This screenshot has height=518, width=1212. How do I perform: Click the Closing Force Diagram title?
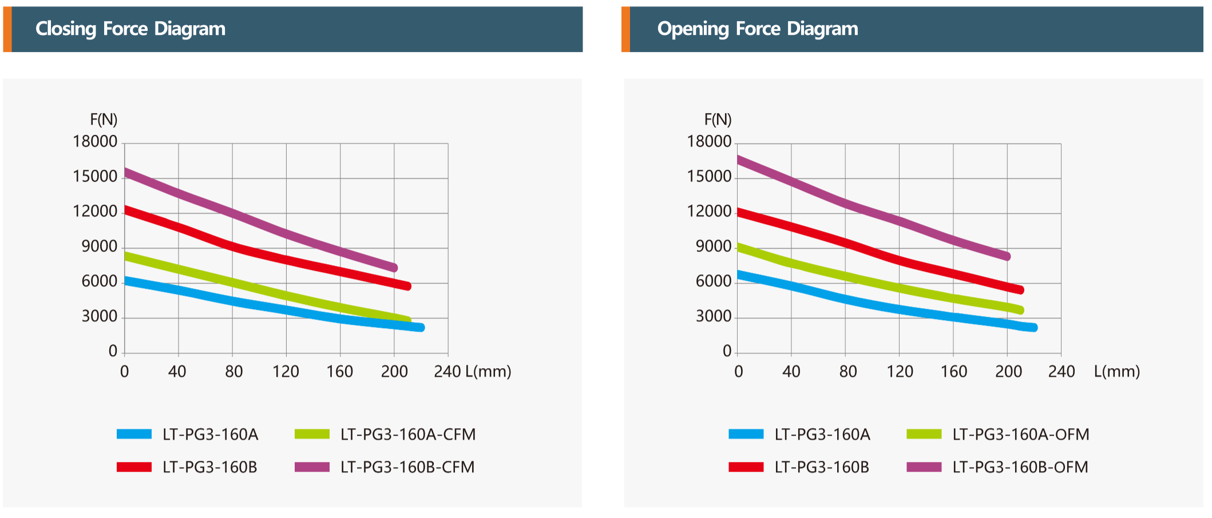tap(130, 29)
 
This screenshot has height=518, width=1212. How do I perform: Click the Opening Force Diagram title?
tap(758, 29)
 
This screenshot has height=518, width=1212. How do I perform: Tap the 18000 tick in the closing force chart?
tap(95, 142)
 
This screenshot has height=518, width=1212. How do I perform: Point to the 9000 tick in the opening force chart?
tap(714, 246)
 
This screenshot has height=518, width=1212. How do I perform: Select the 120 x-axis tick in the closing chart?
tap(286, 372)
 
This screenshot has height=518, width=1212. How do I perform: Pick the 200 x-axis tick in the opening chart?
tap(1008, 372)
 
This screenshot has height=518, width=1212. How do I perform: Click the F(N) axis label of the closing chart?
tap(104, 119)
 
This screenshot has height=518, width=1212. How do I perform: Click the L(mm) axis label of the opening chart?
tap(1117, 372)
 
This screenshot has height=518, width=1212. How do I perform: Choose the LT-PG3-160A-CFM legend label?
tap(408, 435)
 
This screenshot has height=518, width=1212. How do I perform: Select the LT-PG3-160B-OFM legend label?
tap(1020, 467)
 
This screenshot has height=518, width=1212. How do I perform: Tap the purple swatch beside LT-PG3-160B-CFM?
tap(312, 467)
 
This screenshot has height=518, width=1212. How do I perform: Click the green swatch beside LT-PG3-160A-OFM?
tap(924, 435)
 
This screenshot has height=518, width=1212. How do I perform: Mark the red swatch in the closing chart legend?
tap(134, 467)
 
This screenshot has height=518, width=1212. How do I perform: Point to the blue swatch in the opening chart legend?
tap(746, 435)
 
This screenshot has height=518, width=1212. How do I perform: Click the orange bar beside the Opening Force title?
tap(625, 29)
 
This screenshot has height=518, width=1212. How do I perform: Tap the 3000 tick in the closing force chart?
tap(100, 316)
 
